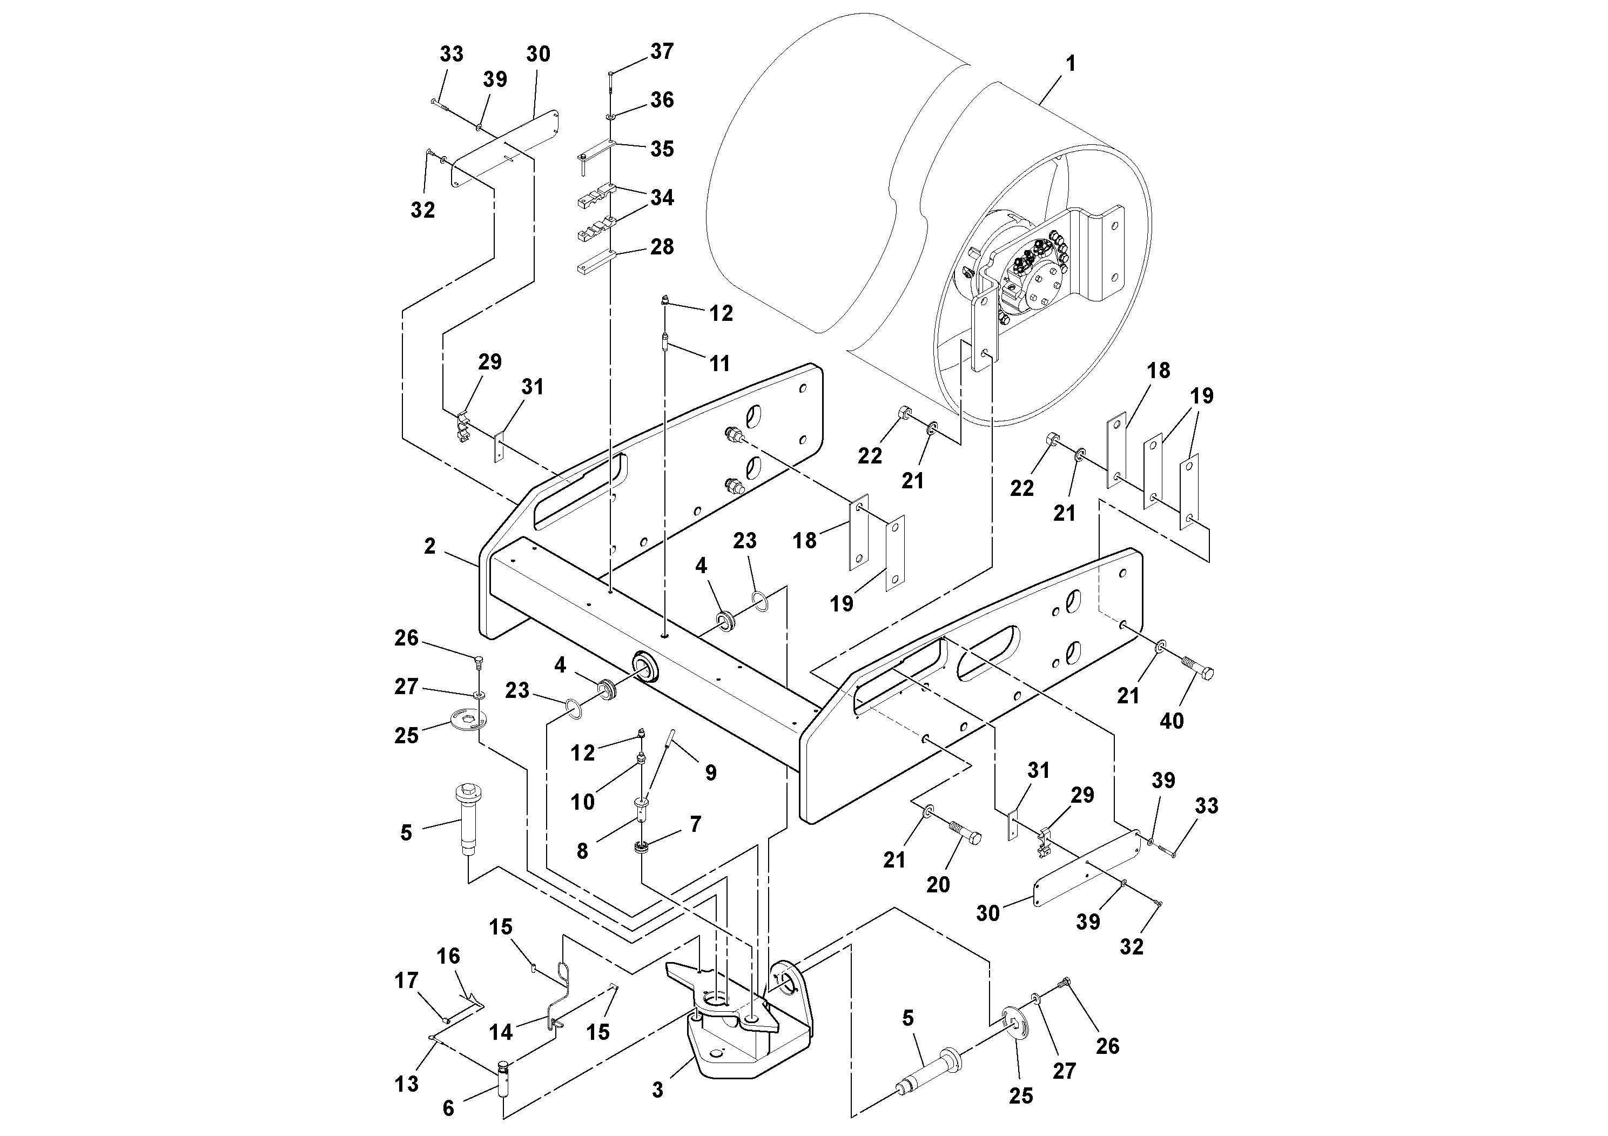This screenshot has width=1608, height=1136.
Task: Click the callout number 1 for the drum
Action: pos(1070,64)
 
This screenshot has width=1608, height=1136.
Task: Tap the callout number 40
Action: pos(1172,721)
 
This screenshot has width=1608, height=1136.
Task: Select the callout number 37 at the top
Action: pos(661,51)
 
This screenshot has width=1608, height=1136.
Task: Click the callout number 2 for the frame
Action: pos(430,546)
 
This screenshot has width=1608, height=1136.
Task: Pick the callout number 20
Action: pos(938,885)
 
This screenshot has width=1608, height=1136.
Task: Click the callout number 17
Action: pos(406,980)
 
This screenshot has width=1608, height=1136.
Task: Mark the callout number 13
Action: pos(406,1084)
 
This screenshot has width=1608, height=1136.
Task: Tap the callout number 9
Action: pos(710,772)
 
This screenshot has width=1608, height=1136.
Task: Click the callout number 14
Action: pos(501,1032)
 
